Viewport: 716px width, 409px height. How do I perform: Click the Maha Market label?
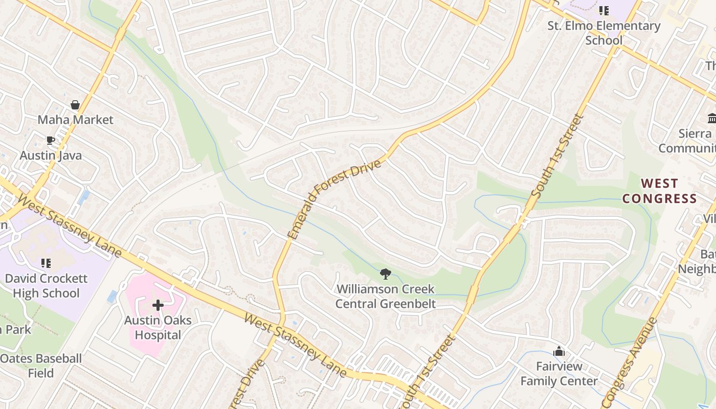coord(75,120)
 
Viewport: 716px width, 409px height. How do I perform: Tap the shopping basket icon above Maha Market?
coord(75,105)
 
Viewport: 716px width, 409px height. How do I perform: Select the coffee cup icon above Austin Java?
coord(50,140)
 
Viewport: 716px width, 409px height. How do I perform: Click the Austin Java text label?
coord(51,155)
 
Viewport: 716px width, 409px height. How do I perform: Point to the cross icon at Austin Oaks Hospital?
coord(158,306)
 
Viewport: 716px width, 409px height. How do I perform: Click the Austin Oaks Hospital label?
coord(158,328)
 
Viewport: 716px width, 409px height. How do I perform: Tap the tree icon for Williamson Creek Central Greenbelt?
coord(386,274)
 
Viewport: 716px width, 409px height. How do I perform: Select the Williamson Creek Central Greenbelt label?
coord(386,297)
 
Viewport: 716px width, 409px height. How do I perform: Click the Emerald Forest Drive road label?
coord(335,199)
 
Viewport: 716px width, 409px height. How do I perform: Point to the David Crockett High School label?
coord(46,286)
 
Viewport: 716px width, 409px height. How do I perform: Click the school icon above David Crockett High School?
coord(46,263)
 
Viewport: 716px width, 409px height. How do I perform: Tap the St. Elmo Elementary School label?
coord(604,33)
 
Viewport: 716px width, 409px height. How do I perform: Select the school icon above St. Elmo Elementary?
coord(604,10)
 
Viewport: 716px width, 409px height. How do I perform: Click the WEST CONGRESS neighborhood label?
coord(660,191)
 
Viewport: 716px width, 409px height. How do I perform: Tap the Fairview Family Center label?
coord(559,374)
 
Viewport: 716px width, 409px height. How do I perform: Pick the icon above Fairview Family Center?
coord(559,352)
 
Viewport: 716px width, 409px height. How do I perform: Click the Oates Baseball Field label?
coord(41,366)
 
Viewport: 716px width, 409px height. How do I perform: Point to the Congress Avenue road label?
coord(630,360)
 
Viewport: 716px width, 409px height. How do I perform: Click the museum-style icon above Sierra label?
coord(711,119)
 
